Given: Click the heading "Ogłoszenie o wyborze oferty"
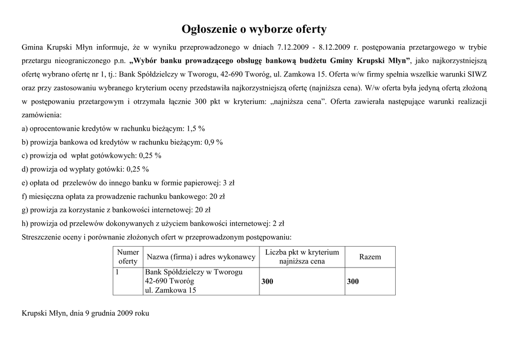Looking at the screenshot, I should [254, 29].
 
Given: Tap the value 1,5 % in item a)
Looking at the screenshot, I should [195, 128].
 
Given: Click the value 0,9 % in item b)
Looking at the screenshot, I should [213, 142].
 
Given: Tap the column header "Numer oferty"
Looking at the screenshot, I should [128, 257].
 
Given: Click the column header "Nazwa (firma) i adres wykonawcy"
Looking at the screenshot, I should [200, 257].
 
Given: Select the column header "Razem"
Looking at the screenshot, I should [370, 257].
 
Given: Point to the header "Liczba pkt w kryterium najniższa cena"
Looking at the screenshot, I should [302, 257].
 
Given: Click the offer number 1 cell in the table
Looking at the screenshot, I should [117, 272].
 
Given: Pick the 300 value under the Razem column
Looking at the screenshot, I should [353, 281].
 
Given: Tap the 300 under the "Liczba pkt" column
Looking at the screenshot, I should [267, 281].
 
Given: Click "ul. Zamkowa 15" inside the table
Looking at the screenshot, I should [170, 290].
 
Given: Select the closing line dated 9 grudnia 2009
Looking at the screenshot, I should [85, 314].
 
